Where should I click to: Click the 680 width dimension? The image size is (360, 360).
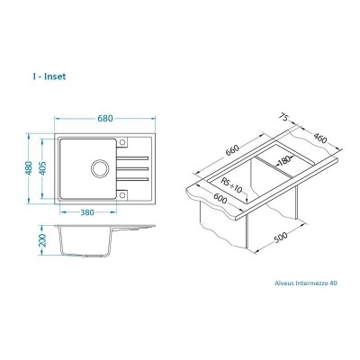coord(104,120)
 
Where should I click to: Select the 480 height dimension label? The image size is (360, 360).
coord(31,169)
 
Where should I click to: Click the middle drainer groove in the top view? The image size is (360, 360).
coord(136,169)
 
